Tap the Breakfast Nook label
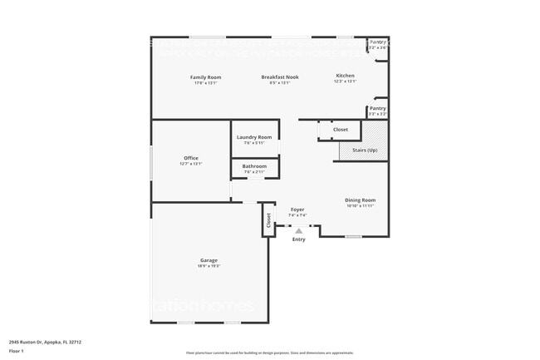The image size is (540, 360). (280, 77)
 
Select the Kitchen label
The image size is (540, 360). (345, 76)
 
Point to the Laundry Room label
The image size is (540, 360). (254, 137)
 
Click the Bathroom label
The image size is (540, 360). (254, 166)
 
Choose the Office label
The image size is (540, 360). (191, 158)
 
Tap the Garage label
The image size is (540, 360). (209, 260)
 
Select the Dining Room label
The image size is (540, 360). (361, 200)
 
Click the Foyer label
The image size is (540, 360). (297, 210)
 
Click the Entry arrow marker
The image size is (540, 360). (299, 231)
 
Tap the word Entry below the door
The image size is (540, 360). (299, 239)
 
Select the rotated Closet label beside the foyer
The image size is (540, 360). (269, 220)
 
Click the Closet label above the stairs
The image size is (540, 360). (341, 130)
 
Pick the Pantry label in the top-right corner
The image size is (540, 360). (378, 42)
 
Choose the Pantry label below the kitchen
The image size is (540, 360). (377, 108)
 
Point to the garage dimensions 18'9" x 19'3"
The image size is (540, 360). (209, 266)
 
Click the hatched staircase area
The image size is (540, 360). (376, 133)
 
